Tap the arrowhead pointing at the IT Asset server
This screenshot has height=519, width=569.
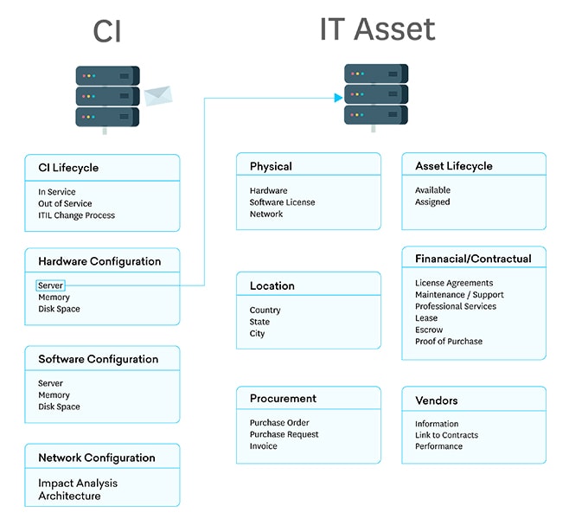coord(338,97)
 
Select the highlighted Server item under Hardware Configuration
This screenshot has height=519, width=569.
coord(50,285)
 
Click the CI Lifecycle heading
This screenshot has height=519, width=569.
coord(68,168)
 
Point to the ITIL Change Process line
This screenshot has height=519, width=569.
coord(76,215)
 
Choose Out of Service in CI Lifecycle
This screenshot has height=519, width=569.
coord(65,204)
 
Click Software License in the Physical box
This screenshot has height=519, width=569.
coord(282,202)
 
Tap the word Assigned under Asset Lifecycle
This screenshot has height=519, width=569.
coord(432,202)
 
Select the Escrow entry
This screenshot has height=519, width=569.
coord(429,330)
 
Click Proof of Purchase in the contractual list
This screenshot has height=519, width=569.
coord(449,342)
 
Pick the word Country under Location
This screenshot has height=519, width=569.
coord(265,311)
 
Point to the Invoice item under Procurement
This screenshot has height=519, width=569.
coord(264,446)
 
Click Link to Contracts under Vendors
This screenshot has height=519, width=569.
coord(446,435)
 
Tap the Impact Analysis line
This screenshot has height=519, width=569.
coord(78,484)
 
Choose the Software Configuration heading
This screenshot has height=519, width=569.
coord(98,359)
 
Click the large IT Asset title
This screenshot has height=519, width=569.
coord(377,30)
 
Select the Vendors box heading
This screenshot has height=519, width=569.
coord(437,400)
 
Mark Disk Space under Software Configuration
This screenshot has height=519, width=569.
coord(59,407)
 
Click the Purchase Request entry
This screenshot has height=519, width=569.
coord(284,434)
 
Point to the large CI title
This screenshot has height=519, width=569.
coord(107,32)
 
